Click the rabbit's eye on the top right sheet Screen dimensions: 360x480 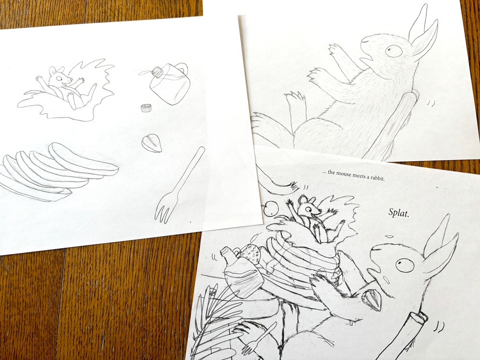click(393, 50)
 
